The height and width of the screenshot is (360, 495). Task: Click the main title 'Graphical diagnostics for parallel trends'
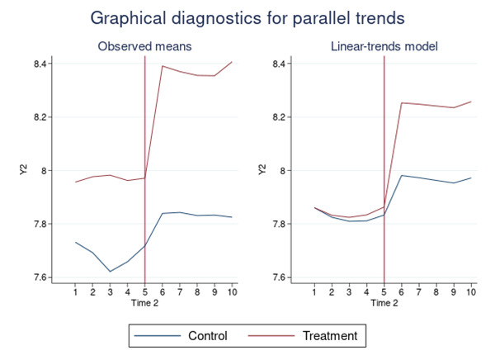247,17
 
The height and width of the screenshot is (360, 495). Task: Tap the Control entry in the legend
196,336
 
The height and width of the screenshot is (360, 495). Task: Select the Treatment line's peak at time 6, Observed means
162,66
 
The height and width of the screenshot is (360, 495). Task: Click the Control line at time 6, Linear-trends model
401,175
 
